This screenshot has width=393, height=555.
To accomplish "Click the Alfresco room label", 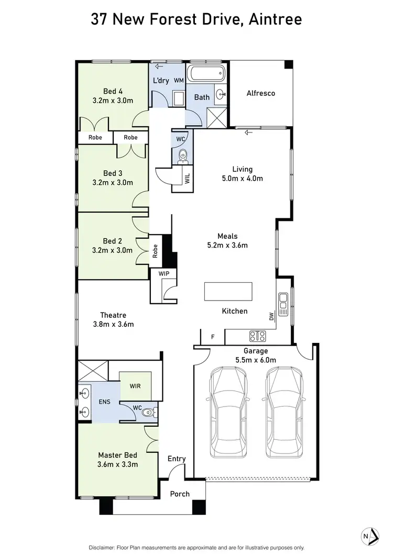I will [261, 94].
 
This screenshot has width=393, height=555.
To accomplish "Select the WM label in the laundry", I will [178, 81].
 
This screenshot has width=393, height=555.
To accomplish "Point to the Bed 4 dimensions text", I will [113, 101].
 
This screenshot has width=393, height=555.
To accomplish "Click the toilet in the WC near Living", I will [183, 154].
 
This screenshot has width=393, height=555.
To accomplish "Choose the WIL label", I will [187, 177].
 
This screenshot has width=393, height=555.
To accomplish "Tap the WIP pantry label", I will [157, 273].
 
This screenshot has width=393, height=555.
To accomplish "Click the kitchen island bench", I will [227, 291].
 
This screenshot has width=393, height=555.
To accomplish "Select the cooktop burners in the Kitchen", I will [257, 335].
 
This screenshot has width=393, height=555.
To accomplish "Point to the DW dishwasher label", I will [271, 317].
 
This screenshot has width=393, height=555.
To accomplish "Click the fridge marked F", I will [212, 337].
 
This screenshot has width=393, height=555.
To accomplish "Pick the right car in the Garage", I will [285, 412].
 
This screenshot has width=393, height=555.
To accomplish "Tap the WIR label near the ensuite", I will [135, 386].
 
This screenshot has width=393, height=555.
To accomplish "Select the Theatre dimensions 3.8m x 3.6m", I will [114, 324].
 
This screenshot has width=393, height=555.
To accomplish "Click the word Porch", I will [180, 494].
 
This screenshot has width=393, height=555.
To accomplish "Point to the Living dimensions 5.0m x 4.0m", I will [243, 178].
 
